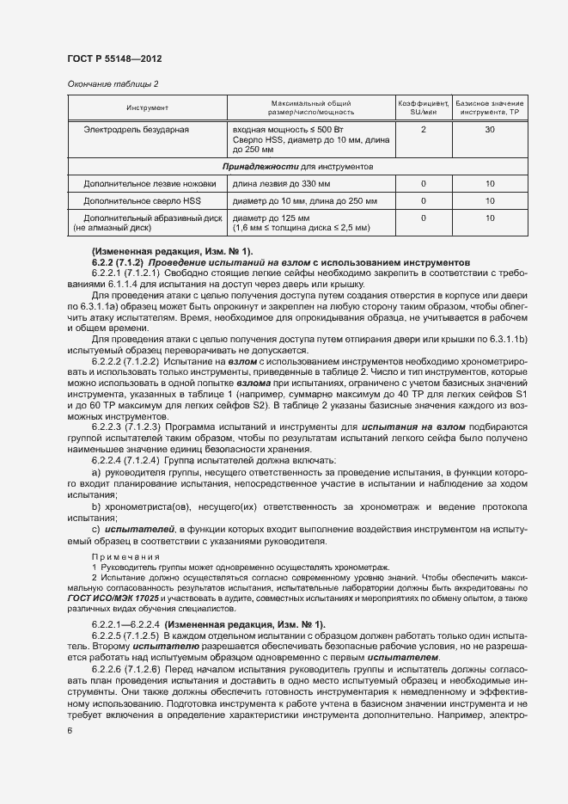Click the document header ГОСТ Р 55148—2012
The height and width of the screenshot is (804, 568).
[114, 58]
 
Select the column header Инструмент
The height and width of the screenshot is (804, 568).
[147, 107]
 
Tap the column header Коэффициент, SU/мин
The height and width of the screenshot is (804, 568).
[424, 107]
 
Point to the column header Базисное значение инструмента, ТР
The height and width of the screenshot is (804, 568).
[490, 107]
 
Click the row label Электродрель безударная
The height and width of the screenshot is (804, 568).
[136, 129]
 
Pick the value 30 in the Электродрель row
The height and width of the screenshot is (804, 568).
[490, 129]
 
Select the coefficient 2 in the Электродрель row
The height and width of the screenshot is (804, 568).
[424, 129]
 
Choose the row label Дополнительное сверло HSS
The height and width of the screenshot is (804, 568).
[137, 201]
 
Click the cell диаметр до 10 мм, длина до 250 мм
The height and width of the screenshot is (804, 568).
[304, 201]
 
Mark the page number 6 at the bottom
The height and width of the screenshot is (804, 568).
[70, 731]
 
